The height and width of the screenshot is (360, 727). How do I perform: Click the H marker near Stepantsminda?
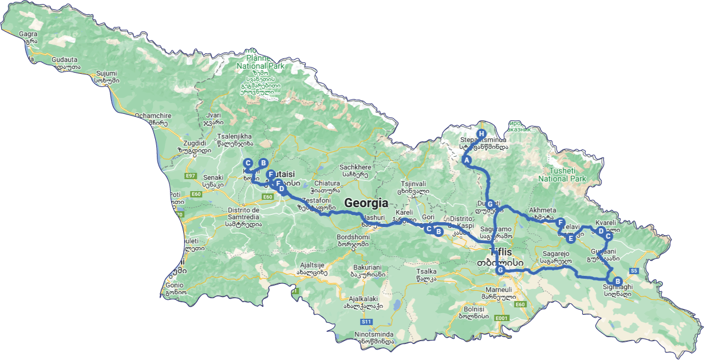pos(481,133)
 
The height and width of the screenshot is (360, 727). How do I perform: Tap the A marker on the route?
pos(467,160)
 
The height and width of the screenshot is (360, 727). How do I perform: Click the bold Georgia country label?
pos(366,203)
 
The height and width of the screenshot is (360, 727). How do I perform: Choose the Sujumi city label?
pos(107,73)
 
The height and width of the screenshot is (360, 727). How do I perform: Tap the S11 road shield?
pos(366,322)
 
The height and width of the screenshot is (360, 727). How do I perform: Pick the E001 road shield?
pos(502,318)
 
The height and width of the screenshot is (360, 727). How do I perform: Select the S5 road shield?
pos(634,271)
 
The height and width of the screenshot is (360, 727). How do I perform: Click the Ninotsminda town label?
pos(374,334)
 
